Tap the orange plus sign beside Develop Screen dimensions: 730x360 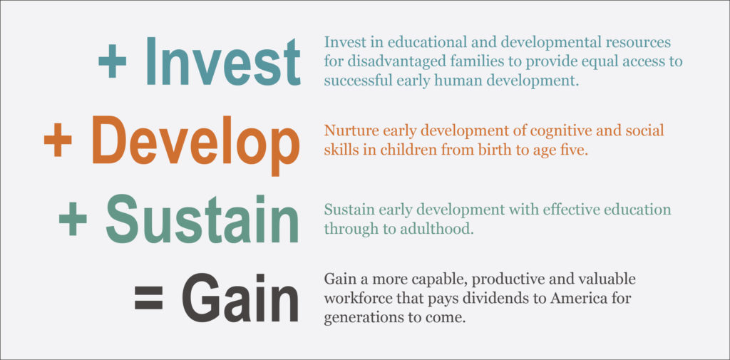[58, 139]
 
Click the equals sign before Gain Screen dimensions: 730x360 [148, 298]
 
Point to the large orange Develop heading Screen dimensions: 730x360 [195, 145]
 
